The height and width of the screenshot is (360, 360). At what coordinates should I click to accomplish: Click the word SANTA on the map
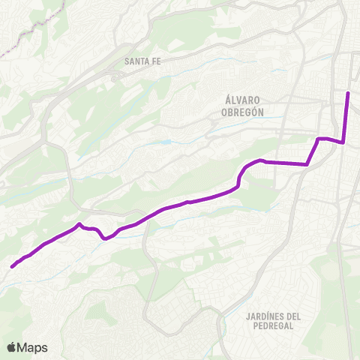tap(138, 61)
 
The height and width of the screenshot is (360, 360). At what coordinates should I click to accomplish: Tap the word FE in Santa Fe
tap(157, 61)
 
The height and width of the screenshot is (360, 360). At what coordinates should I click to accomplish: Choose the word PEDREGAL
tap(273, 328)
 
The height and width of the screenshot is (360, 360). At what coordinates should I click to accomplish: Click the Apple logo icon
tap(12, 347)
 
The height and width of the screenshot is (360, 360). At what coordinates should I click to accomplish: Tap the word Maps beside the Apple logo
tap(33, 347)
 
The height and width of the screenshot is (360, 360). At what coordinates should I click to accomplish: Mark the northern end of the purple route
tap(348, 93)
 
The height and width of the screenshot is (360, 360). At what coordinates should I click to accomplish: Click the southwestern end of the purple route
tap(12, 265)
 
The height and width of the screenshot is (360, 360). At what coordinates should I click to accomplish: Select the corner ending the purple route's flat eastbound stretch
tap(307, 163)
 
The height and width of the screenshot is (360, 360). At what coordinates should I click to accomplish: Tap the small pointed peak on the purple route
tap(79, 223)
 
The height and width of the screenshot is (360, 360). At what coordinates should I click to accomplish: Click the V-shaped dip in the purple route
tap(105, 239)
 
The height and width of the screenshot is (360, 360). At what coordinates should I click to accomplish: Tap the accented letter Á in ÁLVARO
tap(227, 100)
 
